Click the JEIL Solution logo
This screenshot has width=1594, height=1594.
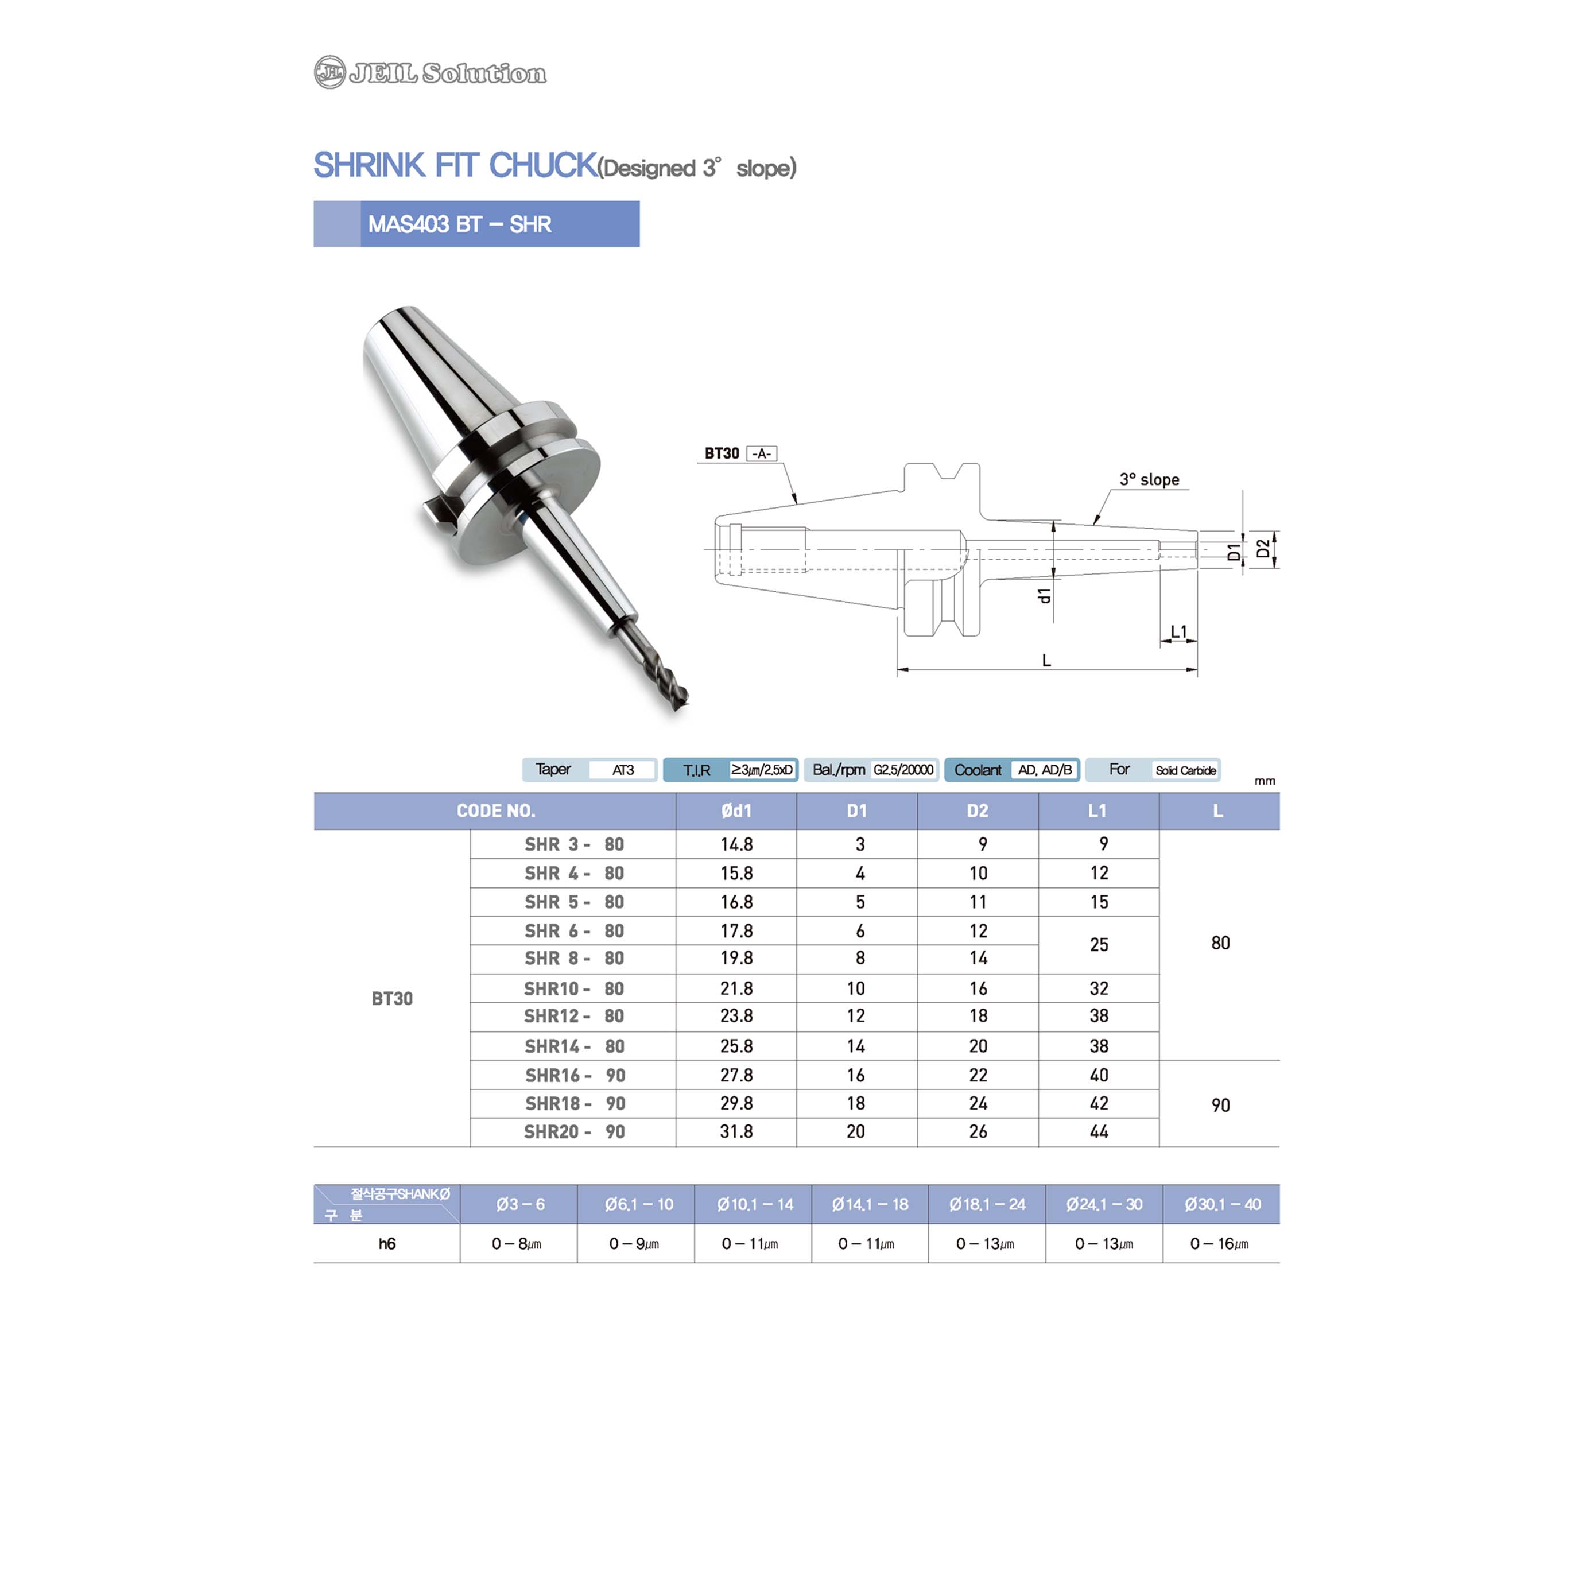click(430, 72)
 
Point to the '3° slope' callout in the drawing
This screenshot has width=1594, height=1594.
click(1149, 479)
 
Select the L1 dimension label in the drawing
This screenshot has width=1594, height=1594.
click(1179, 631)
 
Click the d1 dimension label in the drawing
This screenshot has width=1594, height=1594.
click(1045, 595)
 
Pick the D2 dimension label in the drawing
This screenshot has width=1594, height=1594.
click(1262, 549)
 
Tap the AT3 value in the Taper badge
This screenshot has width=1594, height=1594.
click(623, 770)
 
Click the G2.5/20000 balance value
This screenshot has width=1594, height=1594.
click(903, 770)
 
